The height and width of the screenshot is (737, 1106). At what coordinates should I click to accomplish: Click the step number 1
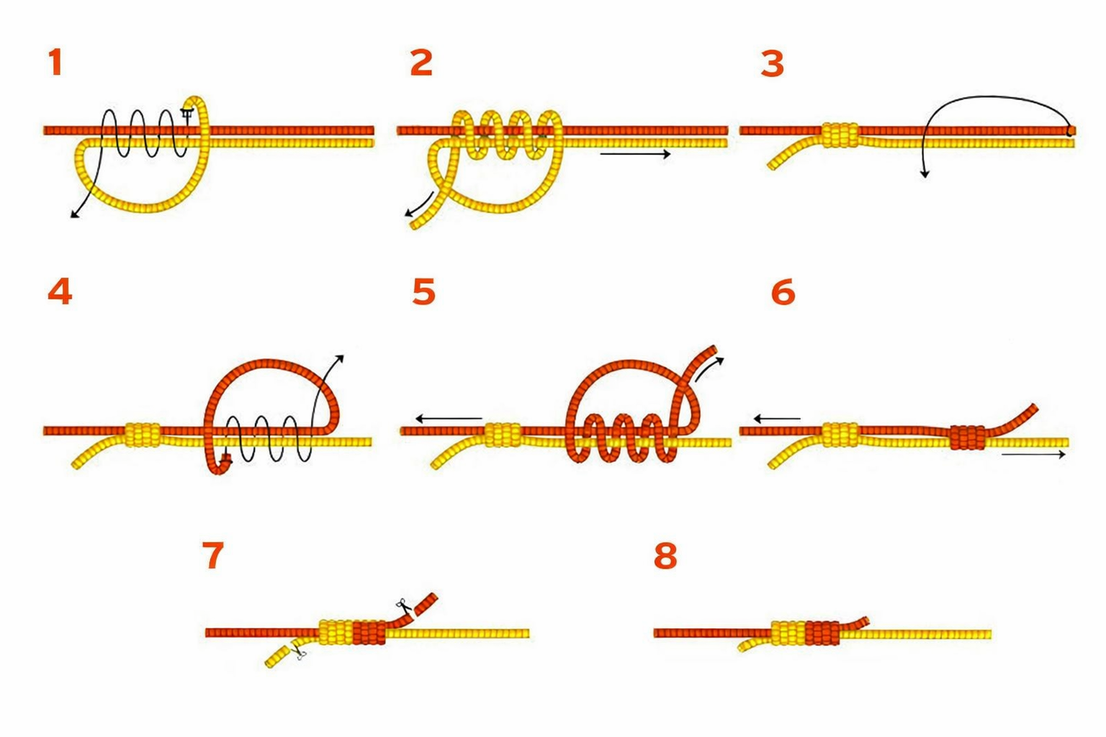pyautogui.click(x=55, y=63)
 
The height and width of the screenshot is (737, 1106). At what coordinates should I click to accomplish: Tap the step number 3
pyautogui.click(x=773, y=64)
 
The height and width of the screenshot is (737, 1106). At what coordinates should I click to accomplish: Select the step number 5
pyautogui.click(x=423, y=291)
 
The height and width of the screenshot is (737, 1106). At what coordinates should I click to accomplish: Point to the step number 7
pyautogui.click(x=213, y=555)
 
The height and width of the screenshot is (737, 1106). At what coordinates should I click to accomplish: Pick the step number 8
pyautogui.click(x=665, y=555)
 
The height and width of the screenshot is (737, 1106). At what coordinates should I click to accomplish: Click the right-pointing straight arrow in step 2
pyautogui.click(x=636, y=155)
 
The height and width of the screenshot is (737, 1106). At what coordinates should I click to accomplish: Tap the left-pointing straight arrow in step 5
pyautogui.click(x=449, y=419)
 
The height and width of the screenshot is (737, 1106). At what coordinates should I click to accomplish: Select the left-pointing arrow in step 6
pyautogui.click(x=777, y=419)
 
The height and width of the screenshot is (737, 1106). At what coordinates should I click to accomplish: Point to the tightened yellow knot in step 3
pyautogui.click(x=840, y=135)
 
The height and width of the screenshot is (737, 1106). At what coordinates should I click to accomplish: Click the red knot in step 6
pyautogui.click(x=967, y=438)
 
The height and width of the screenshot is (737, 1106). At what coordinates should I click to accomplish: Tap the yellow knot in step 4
pyautogui.click(x=143, y=435)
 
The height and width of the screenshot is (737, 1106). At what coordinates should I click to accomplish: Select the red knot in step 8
pyautogui.click(x=822, y=633)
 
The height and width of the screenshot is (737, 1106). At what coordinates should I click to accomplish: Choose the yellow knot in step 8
pyautogui.click(x=788, y=633)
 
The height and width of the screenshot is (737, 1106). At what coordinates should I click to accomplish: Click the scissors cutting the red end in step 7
pyautogui.click(x=403, y=605)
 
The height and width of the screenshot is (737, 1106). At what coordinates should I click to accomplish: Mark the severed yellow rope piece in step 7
pyautogui.click(x=277, y=656)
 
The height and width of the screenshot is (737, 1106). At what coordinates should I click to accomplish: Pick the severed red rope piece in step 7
pyautogui.click(x=426, y=605)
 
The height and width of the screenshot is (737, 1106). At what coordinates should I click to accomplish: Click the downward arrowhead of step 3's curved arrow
pyautogui.click(x=925, y=173)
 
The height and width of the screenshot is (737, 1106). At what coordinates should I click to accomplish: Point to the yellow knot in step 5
pyautogui.click(x=503, y=435)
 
